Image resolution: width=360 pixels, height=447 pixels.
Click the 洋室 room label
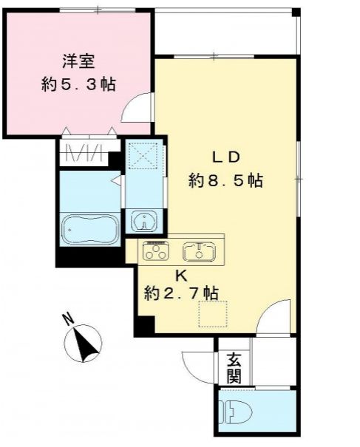(78, 61)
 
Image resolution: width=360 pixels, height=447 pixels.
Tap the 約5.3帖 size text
(78, 84)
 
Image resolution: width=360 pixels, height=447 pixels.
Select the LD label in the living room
(225, 157)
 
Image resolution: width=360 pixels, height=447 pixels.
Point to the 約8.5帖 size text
(225, 180)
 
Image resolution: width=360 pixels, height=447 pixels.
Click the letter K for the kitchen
(181, 275)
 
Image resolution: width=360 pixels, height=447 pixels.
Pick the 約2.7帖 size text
(181, 293)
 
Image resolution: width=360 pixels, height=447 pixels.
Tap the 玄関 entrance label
(234, 369)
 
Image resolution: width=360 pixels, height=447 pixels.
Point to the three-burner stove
(156, 251)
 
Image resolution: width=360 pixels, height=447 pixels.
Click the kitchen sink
(199, 251)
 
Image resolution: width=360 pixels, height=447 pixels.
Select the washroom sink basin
(143, 220)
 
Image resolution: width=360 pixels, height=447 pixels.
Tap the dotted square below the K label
(213, 313)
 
